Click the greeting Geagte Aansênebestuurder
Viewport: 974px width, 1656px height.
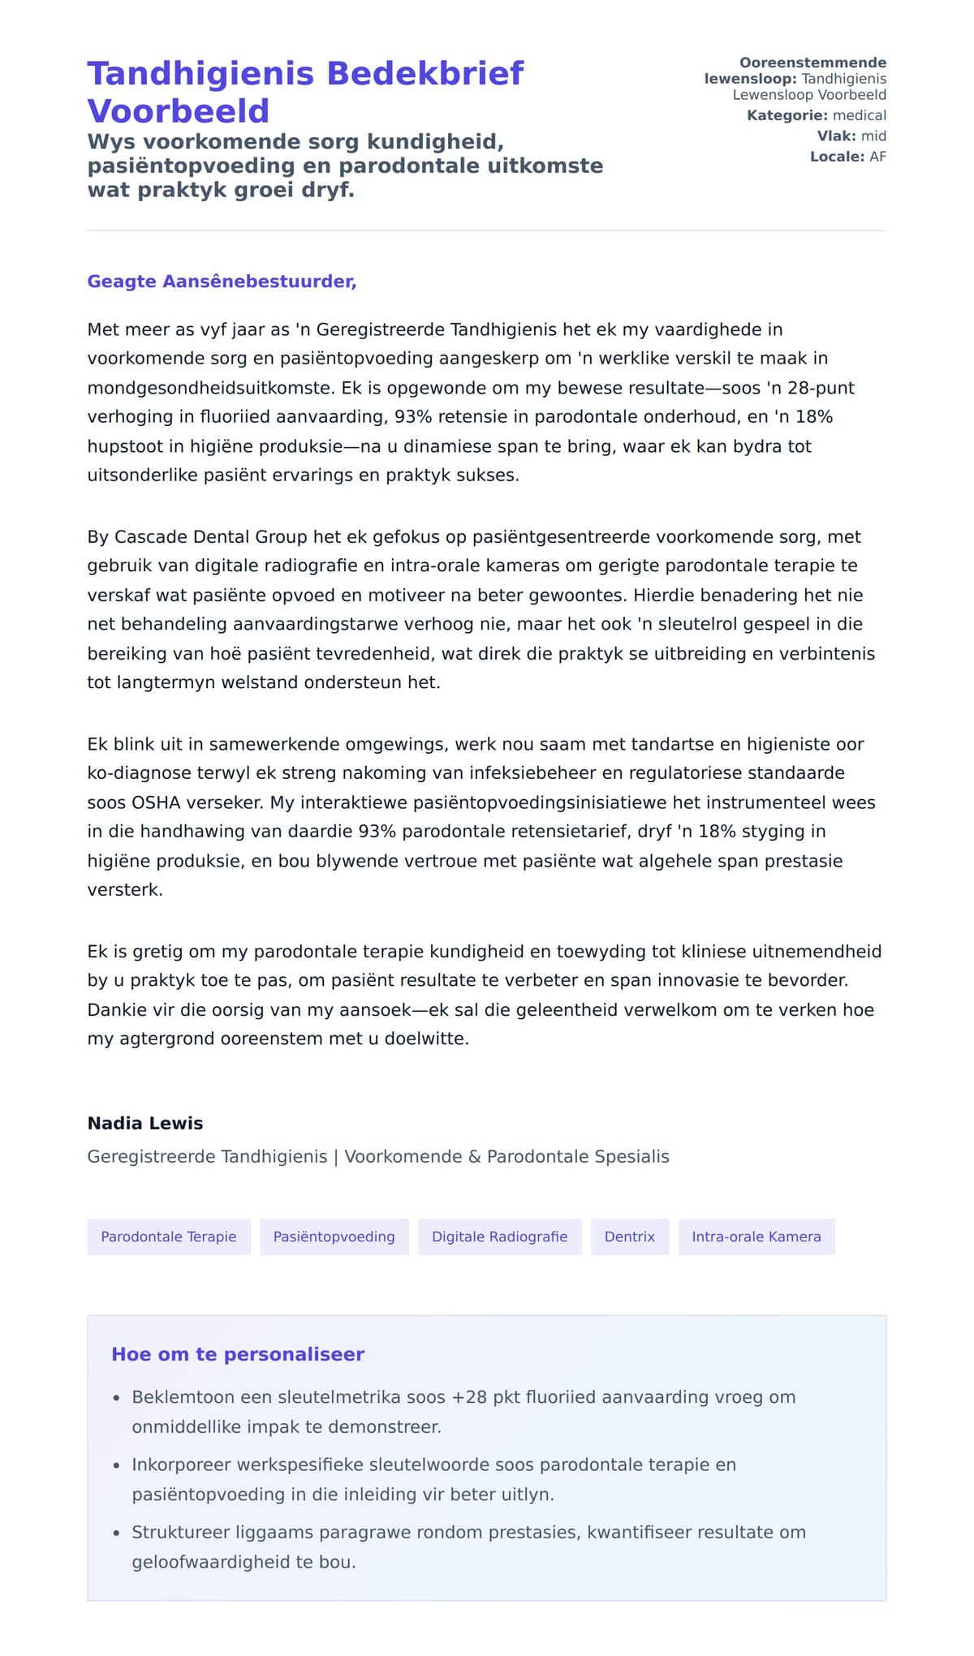222,282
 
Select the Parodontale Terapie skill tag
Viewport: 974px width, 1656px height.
169,1237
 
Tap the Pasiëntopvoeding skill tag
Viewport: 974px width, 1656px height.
334,1237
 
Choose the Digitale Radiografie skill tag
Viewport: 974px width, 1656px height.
499,1237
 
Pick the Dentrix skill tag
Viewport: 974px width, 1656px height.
629,1237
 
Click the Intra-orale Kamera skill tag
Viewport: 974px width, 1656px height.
756,1237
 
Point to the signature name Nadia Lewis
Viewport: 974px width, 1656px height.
145,1123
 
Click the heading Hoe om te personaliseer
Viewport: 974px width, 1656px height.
238,1354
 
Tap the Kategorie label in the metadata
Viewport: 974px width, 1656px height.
787,115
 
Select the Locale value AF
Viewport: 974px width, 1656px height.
877,157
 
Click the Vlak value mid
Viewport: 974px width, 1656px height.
873,135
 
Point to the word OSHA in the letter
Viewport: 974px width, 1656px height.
151,802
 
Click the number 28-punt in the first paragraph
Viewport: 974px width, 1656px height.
821,388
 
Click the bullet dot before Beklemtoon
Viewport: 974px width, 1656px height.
117,1398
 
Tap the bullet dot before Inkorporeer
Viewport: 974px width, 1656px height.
117,1465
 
